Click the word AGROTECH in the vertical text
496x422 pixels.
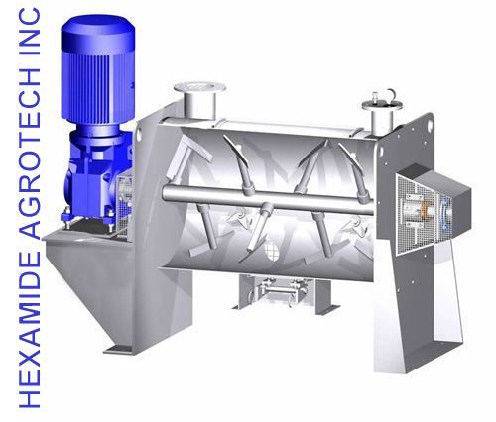click(30, 156)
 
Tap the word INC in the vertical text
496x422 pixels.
click(30, 36)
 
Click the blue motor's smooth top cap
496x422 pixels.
click(98, 34)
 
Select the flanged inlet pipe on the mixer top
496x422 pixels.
click(199, 99)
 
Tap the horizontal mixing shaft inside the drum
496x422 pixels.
click(268, 198)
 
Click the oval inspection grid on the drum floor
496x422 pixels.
click(272, 251)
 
